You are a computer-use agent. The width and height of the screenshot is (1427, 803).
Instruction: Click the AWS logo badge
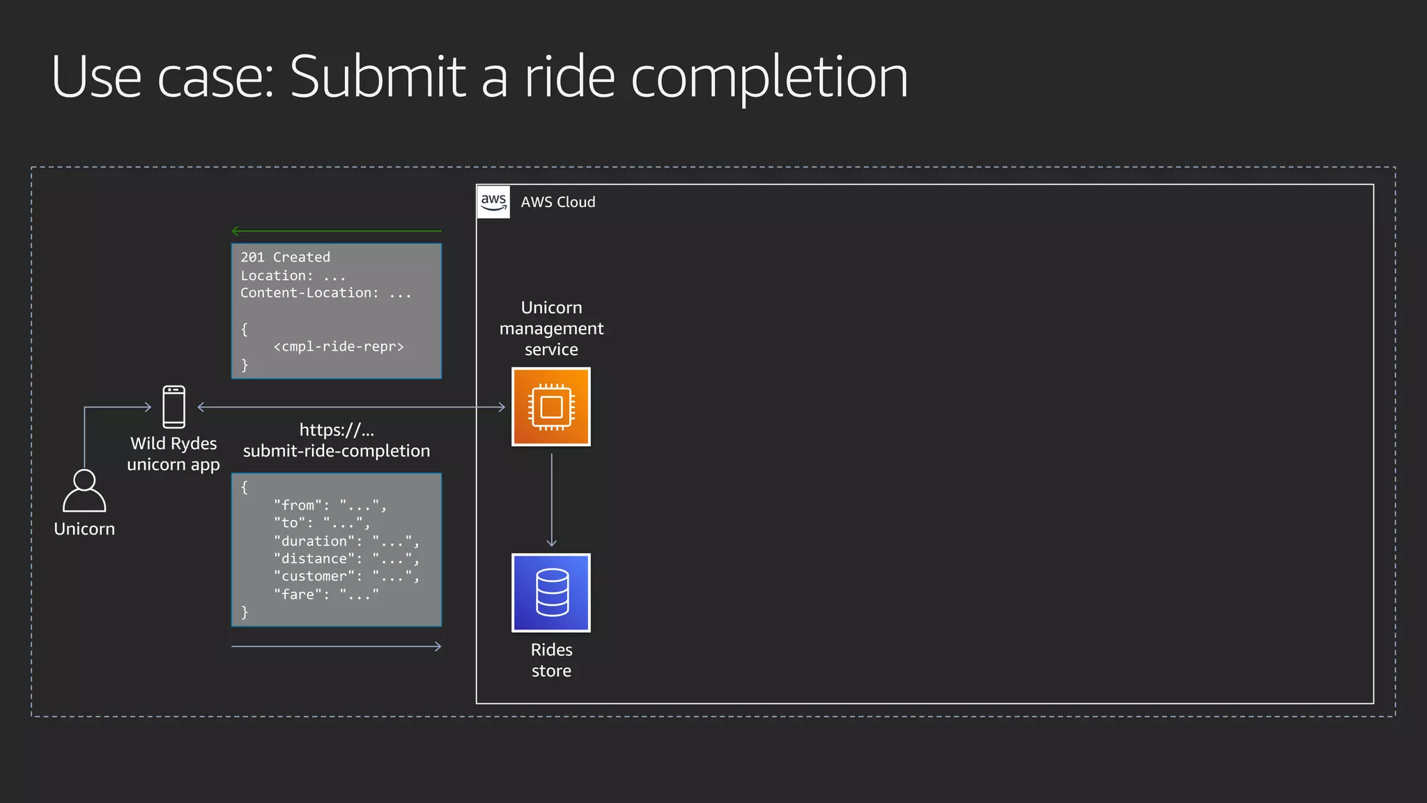(493, 202)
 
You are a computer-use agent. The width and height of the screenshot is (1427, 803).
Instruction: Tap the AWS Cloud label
(558, 202)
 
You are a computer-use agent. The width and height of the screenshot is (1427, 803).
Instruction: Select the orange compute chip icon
(551, 407)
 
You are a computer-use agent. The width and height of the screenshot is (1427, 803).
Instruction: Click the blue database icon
(551, 592)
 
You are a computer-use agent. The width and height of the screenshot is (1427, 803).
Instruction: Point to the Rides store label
(551, 660)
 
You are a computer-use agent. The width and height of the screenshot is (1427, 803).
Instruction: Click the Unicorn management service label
(551, 328)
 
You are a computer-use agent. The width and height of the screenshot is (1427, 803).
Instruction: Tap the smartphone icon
(174, 407)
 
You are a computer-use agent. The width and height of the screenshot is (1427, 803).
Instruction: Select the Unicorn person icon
(84, 491)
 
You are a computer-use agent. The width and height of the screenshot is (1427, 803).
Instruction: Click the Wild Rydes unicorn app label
(173, 454)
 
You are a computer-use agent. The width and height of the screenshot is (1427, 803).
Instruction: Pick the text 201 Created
(285, 257)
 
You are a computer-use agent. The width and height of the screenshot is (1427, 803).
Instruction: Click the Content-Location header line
(325, 293)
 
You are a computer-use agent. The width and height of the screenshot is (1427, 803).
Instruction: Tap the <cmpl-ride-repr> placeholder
(339, 346)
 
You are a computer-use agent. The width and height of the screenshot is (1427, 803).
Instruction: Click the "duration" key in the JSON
(314, 541)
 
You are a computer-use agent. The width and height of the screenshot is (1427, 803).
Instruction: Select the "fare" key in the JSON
(298, 595)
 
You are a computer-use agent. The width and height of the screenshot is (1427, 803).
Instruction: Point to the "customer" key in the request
(314, 576)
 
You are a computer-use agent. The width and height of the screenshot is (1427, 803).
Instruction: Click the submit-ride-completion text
(337, 451)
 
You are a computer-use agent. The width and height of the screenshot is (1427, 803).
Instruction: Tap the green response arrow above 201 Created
(336, 231)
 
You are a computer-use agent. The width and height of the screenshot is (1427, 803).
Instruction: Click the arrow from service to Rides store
(551, 500)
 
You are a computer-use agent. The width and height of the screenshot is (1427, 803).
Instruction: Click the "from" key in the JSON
(298, 505)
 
